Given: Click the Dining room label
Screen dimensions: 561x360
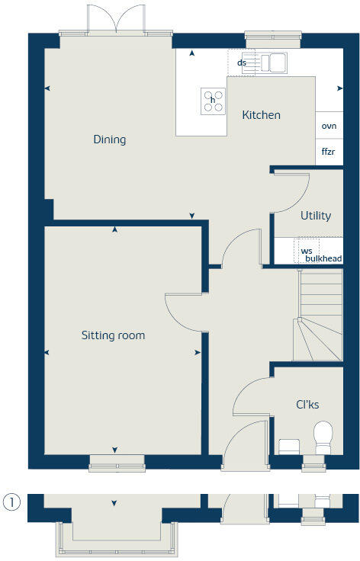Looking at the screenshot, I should point(109,139).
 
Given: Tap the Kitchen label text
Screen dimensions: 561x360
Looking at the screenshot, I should point(261,115).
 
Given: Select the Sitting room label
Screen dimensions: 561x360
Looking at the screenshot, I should point(113,335).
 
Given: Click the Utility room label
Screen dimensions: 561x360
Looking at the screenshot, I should point(315,216).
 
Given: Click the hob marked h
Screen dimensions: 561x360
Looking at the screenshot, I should point(213,101).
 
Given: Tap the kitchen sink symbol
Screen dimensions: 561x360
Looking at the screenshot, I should point(272,63).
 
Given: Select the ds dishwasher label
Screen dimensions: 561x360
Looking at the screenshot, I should point(241,63).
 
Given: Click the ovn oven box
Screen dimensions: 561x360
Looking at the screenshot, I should point(329,126).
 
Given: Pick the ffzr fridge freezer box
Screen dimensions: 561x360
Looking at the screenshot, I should point(329,152).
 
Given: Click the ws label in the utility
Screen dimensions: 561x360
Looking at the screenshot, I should point(307,250).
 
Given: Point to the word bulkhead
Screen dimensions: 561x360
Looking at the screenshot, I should point(323,259).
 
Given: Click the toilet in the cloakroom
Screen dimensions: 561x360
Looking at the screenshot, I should point(323,436).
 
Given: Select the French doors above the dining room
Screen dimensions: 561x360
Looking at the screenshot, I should point(115,19).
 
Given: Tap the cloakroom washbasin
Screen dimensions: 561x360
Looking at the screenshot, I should point(290,445).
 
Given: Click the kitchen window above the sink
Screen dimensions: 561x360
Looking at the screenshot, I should point(272,35).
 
